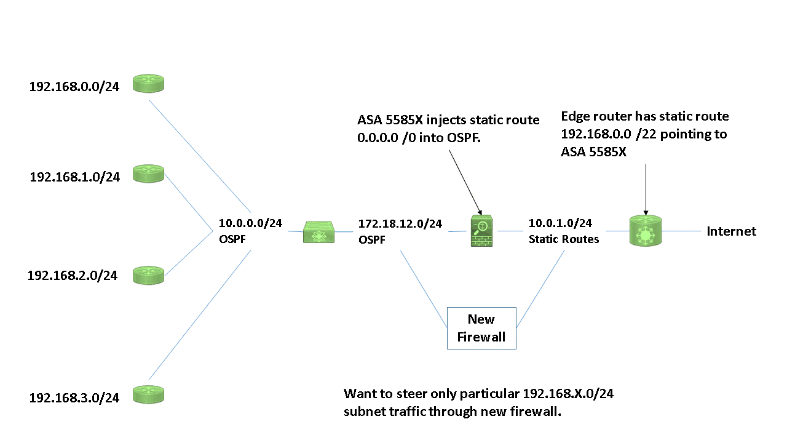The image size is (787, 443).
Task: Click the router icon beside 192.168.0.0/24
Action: tap(149, 84)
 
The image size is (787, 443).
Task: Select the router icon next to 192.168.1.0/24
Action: tap(149, 174)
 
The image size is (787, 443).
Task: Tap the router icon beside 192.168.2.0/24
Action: tap(149, 274)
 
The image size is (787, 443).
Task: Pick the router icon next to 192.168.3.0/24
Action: tap(149, 394)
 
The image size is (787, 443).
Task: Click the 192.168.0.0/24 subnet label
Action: tap(74, 87)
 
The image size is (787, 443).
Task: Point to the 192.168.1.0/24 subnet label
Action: tap(74, 177)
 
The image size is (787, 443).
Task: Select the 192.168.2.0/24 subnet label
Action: tap(73, 276)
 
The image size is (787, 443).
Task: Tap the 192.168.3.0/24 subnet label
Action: tap(74, 397)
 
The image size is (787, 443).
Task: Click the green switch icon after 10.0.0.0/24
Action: tap(319, 232)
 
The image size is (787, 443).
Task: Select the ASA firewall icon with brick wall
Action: tap(483, 231)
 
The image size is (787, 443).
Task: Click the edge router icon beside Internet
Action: tap(645, 231)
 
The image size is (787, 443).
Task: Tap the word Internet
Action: tap(731, 231)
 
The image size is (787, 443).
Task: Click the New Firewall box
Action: tap(481, 328)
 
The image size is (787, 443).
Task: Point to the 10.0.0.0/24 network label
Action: tap(250, 223)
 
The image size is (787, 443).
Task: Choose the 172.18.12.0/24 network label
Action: tap(400, 223)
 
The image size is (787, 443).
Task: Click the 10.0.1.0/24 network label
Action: tap(560, 223)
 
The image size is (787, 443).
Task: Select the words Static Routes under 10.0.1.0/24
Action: tap(564, 239)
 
